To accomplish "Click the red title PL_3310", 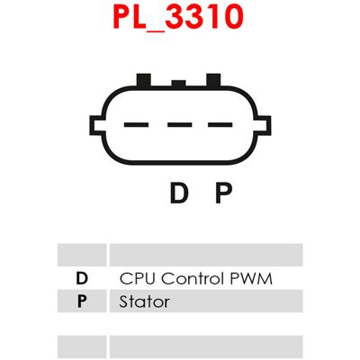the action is tap(178, 17).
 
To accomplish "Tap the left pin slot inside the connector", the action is tap(137, 124).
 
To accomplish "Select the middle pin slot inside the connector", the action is tap(180, 124).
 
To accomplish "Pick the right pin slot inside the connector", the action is tap(220, 124).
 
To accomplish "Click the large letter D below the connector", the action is tap(179, 193).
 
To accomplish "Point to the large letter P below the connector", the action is tap(223, 193).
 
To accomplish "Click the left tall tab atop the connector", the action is tap(143, 80).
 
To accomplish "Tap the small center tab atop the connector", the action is tap(178, 84).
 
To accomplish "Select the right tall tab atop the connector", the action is tap(213, 80).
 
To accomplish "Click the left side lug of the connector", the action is tap(96, 125).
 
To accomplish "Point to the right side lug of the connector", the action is tap(264, 125).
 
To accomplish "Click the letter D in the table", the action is tap(82, 278).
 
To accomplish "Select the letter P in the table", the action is tap(82, 301).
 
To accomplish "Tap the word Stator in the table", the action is tap(144, 301).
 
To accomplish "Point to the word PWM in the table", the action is tap(251, 278).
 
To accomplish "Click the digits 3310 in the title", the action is tap(204, 17).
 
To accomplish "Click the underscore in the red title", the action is tap(156, 29).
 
